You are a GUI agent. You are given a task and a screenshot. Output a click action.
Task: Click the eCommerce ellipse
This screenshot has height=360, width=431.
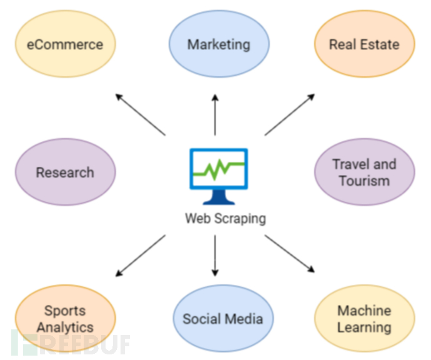point(66,44)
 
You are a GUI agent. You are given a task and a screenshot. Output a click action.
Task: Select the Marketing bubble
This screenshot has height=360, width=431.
point(219,44)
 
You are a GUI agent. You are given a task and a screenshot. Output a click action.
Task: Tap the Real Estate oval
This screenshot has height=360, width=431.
point(365,44)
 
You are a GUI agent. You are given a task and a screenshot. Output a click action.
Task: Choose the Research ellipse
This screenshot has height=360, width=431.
point(66,172)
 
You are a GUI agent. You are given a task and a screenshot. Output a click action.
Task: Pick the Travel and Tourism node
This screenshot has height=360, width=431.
point(365,172)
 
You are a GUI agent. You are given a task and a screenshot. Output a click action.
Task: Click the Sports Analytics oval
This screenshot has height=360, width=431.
point(66,319)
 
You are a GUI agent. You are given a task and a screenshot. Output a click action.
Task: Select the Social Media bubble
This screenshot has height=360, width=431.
point(223,319)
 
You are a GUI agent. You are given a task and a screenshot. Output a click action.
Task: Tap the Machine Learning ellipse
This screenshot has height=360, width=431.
point(365,319)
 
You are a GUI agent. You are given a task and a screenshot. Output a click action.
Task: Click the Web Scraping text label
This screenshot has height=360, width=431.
point(225,219)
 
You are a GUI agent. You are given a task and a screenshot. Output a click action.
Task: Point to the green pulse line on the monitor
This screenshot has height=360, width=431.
point(219,169)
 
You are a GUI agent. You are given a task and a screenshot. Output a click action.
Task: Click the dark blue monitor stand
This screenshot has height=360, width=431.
point(219,197)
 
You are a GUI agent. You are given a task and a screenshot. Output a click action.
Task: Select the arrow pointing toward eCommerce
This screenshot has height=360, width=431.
point(140,114)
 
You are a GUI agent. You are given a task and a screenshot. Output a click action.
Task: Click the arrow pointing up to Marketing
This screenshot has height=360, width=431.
point(215,114)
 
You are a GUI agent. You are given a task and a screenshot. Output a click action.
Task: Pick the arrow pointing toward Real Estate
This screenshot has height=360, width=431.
point(290,114)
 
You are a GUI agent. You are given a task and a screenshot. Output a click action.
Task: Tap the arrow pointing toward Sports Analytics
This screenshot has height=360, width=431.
point(140,256)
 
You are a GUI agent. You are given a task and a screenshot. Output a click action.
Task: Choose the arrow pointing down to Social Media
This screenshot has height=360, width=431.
point(215,256)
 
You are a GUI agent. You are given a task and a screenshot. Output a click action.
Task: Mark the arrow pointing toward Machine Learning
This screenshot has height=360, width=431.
point(290,254)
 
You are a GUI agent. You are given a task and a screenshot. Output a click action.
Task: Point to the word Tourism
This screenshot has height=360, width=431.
point(365,181)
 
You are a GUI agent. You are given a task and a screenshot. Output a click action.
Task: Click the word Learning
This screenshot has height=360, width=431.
point(365,327)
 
